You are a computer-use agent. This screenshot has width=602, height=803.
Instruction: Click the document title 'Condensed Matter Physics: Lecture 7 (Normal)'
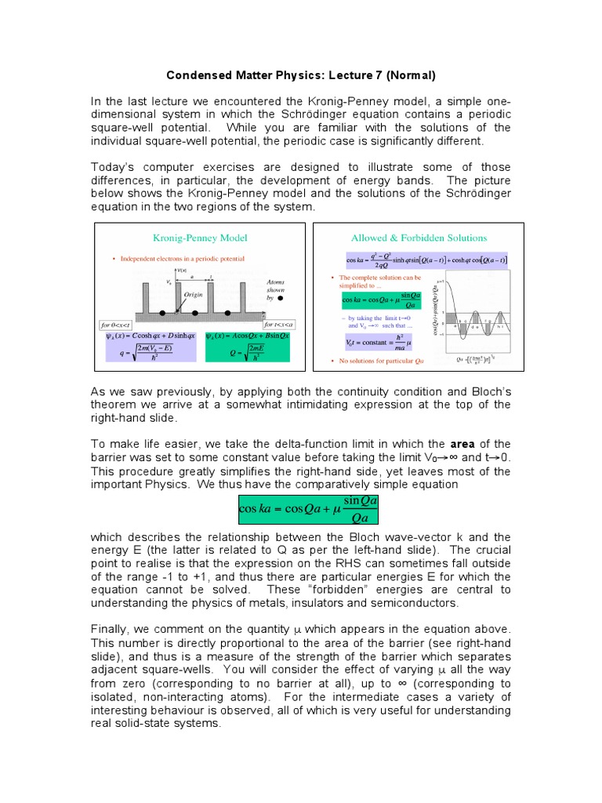click(x=300, y=76)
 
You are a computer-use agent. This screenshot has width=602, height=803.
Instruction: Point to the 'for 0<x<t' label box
click(x=116, y=324)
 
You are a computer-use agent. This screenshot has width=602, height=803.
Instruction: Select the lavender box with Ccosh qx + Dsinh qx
click(x=150, y=346)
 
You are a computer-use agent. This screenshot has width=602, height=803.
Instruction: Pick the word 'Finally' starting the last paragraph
click(x=112, y=631)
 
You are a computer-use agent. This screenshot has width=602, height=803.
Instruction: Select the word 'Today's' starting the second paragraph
click(x=114, y=167)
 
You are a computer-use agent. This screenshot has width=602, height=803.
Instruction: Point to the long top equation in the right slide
click(x=426, y=260)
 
